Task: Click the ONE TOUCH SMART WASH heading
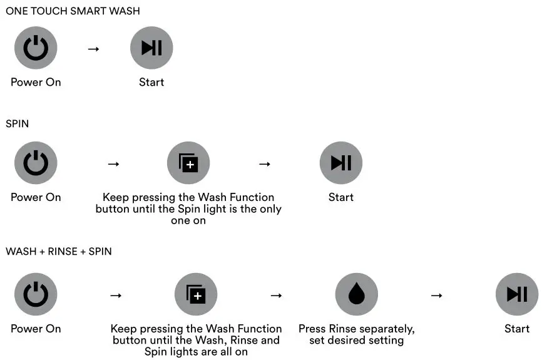(73, 11)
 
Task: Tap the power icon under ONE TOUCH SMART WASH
(36, 48)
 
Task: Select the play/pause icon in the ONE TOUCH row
(151, 48)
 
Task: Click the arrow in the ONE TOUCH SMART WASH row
(93, 48)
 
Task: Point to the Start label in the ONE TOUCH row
(151, 82)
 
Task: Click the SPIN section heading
(18, 124)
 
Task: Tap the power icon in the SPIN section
(36, 163)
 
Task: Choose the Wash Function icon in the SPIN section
(188, 163)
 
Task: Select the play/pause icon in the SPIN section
(341, 163)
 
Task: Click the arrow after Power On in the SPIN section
(113, 164)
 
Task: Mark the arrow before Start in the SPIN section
(265, 164)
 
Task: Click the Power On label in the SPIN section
(36, 197)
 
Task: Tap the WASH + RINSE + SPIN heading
(59, 252)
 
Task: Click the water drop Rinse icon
(356, 294)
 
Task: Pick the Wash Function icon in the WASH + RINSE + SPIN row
(196, 294)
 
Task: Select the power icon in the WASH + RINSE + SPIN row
(36, 294)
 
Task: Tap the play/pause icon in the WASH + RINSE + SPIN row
(517, 294)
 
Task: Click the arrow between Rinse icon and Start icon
(436, 295)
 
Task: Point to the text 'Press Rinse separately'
(356, 329)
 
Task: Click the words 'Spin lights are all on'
(196, 352)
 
